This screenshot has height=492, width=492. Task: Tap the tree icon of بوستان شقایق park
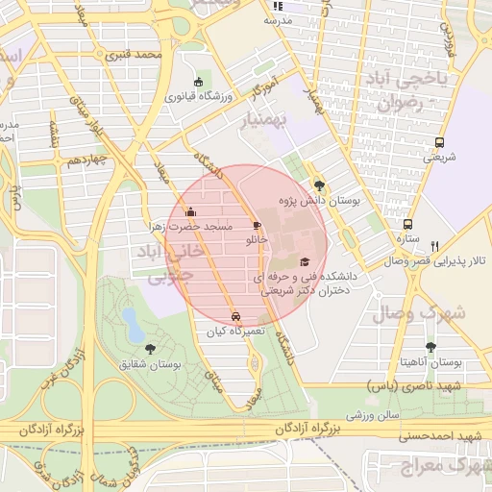(x=148, y=349)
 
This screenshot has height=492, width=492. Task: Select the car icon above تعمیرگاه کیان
(x=236, y=315)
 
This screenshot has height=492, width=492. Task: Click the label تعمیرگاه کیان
(x=234, y=332)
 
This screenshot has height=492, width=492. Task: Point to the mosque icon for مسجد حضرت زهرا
(x=190, y=212)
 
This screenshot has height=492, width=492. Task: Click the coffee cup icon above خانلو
(x=256, y=224)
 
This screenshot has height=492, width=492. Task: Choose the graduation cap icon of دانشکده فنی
(x=305, y=261)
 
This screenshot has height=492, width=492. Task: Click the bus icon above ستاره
(x=407, y=224)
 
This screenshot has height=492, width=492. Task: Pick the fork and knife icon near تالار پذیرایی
(x=435, y=246)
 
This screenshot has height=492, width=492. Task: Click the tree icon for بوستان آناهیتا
(x=430, y=348)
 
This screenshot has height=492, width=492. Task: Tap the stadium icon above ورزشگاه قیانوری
(x=199, y=82)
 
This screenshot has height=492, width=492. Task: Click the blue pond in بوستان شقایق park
(x=129, y=319)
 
